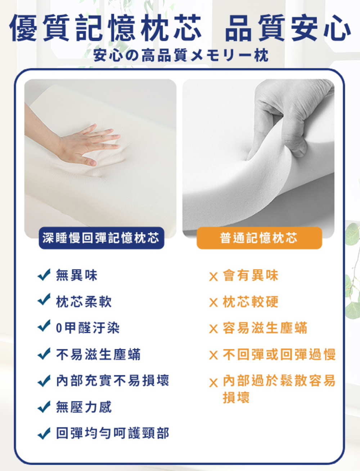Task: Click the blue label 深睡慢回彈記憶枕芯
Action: pyautogui.click(x=102, y=238)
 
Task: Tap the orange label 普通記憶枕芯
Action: pyautogui.click(x=260, y=238)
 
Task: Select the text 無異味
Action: pyautogui.click(x=77, y=275)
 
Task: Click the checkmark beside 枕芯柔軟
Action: pyautogui.click(x=44, y=299)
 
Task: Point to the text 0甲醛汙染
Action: pyautogui.click(x=88, y=328)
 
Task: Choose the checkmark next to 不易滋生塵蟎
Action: pyautogui.click(x=44, y=353)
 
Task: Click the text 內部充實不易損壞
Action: pyautogui.click(x=113, y=381)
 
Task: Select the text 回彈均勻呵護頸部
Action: pyautogui.click(x=113, y=433)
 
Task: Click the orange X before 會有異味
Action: pyautogui.click(x=213, y=277)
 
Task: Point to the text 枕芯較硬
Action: pyautogui.click(x=250, y=301)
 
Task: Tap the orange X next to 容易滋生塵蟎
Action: pyautogui.click(x=213, y=329)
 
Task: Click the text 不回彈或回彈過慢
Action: pyautogui.click(x=279, y=354)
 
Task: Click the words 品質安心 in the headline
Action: pyautogui.click(x=288, y=28)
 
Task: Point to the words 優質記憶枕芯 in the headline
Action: pyautogui.click(x=105, y=28)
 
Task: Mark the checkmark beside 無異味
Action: pyautogui.click(x=44, y=275)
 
